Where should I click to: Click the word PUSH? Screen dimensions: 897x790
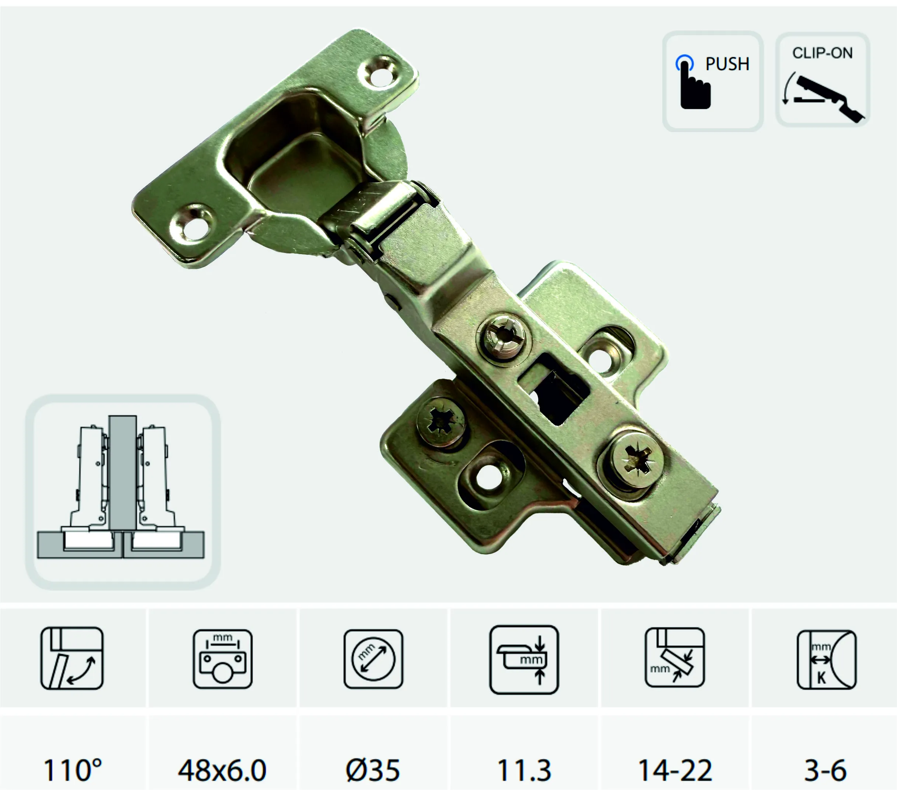pyautogui.click(x=727, y=64)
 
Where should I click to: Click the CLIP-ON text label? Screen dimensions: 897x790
pyautogui.click(x=823, y=53)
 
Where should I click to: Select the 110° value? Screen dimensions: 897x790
pyautogui.click(x=72, y=770)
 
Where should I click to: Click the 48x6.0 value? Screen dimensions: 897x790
pyautogui.click(x=222, y=770)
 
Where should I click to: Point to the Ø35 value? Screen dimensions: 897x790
pyautogui.click(x=373, y=770)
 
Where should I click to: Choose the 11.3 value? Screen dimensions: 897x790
pyautogui.click(x=524, y=770)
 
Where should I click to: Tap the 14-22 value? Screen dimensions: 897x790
pyautogui.click(x=675, y=770)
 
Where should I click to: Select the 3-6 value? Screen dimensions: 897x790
pyautogui.click(x=825, y=770)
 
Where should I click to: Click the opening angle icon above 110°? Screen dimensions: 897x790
pyautogui.click(x=72, y=658)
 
